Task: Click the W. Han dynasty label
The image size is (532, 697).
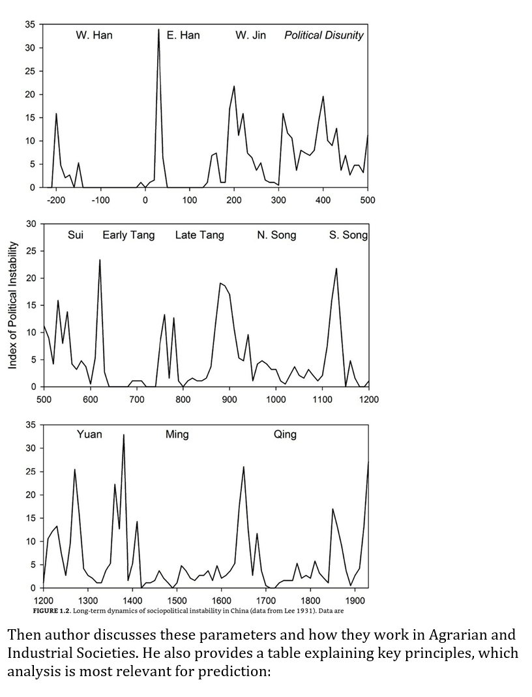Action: (94, 35)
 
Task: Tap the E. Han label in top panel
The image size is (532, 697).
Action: (183, 35)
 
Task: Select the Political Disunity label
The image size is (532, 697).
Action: (323, 35)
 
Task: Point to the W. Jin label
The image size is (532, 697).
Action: (250, 35)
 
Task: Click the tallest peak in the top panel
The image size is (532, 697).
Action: (158, 29)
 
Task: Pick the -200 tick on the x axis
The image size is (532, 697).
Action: (56, 200)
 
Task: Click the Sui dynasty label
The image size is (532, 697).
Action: (76, 235)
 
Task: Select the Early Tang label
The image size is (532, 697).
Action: (128, 235)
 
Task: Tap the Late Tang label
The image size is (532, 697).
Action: (199, 235)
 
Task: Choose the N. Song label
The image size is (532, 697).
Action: (276, 235)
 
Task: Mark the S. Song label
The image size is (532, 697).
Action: (348, 235)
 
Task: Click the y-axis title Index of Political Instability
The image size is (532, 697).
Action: (12, 305)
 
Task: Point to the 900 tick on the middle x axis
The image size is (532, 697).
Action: (229, 399)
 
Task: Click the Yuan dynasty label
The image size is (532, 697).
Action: (89, 434)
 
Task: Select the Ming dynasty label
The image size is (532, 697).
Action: (177, 434)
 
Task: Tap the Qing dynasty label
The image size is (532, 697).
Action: (285, 434)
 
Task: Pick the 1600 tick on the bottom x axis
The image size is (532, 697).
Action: (221, 600)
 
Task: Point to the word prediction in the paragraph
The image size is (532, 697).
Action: (235, 671)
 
